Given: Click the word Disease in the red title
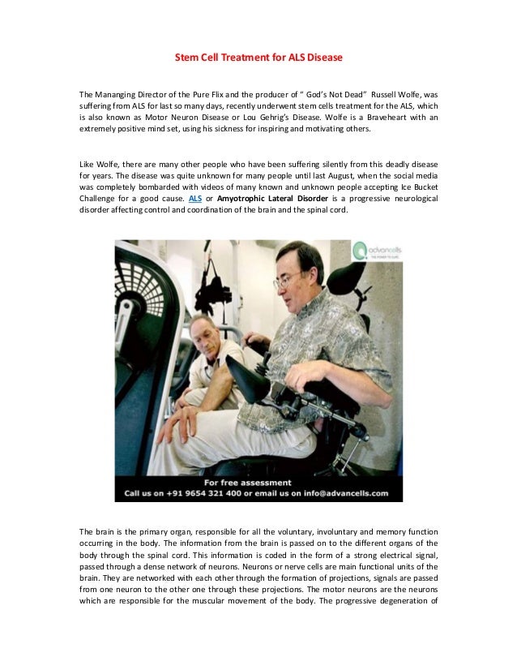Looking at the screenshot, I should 323,58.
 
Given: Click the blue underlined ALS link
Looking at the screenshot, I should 194,197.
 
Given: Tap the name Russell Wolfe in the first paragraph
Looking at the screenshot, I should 410,94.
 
